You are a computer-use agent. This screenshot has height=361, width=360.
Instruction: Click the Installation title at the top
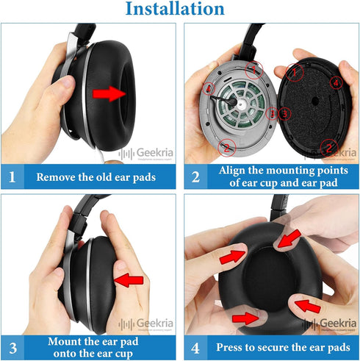point(175,10)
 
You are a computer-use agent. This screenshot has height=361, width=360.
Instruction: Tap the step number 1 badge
point(12,177)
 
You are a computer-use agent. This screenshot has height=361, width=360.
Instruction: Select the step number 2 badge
point(195,177)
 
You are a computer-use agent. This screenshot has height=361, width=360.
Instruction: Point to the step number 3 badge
point(12,347)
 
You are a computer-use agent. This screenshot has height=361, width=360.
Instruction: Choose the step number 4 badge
point(195,347)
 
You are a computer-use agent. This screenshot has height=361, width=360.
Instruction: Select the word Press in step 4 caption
point(231,347)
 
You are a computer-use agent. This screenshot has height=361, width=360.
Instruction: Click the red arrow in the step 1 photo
point(109,93)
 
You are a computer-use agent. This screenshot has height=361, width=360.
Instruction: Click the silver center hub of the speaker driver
point(240,103)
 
